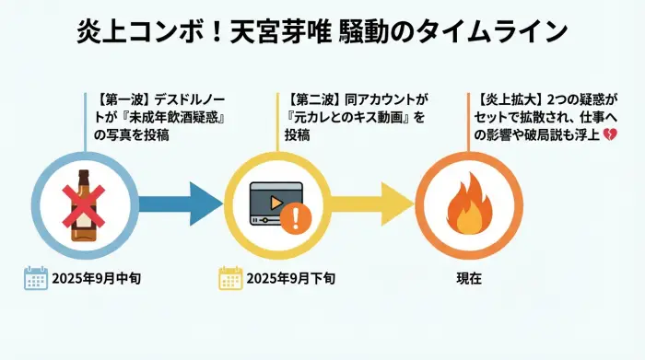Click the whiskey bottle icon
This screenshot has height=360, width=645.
(85, 206)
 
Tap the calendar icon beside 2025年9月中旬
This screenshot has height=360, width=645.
(36, 278)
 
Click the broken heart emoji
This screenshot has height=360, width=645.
(609, 135)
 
